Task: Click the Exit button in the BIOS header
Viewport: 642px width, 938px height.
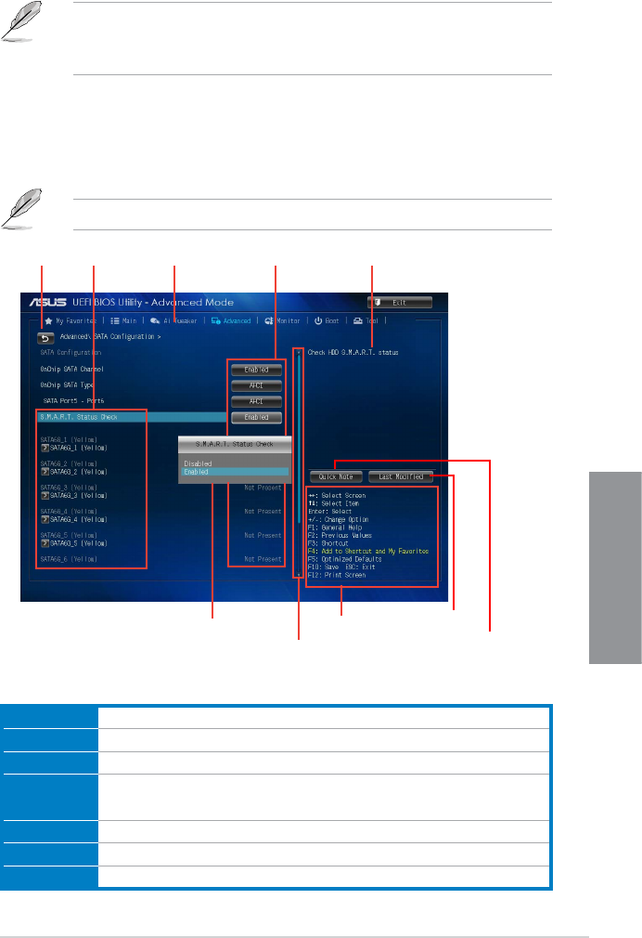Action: (x=400, y=302)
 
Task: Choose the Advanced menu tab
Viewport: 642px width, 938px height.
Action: (x=231, y=320)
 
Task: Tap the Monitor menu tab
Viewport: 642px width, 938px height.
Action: (x=283, y=320)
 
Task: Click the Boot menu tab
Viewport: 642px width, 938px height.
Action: (x=327, y=320)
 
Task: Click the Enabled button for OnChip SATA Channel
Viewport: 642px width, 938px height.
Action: (x=256, y=370)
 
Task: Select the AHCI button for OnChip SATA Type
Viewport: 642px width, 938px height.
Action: (x=256, y=385)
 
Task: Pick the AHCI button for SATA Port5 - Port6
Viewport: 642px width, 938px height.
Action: (x=256, y=401)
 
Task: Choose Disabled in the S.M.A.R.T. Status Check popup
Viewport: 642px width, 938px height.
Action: (x=198, y=463)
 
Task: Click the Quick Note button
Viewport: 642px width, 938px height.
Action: (x=336, y=476)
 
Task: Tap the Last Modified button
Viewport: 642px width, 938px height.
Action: (x=401, y=476)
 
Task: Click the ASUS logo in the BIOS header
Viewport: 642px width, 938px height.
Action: (x=45, y=303)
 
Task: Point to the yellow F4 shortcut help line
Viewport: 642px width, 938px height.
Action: (x=368, y=551)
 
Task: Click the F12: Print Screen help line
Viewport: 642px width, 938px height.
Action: (x=338, y=575)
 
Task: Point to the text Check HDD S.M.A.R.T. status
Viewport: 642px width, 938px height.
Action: (x=350, y=353)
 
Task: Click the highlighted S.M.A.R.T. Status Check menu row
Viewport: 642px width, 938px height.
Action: (x=130, y=417)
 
